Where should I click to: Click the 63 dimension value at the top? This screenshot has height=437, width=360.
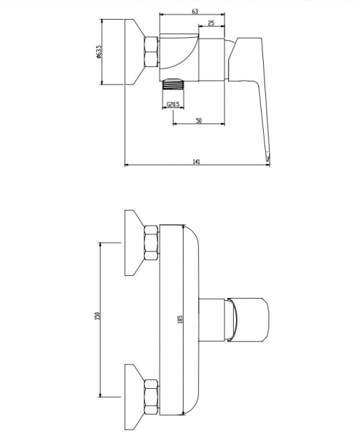pos(195,11)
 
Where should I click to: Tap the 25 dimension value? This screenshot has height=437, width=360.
pos(211,23)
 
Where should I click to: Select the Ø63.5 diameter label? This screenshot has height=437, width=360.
pos(98,52)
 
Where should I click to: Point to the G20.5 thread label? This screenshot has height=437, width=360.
pos(173,105)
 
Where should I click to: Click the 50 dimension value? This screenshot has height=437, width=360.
pos(198,121)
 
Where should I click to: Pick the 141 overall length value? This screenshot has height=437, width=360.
pos(197,162)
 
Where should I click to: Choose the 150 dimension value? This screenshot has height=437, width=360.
pos(98,315)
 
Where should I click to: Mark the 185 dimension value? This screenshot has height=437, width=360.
pos(180,319)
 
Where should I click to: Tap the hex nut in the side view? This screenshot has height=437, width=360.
pos(152,52)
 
